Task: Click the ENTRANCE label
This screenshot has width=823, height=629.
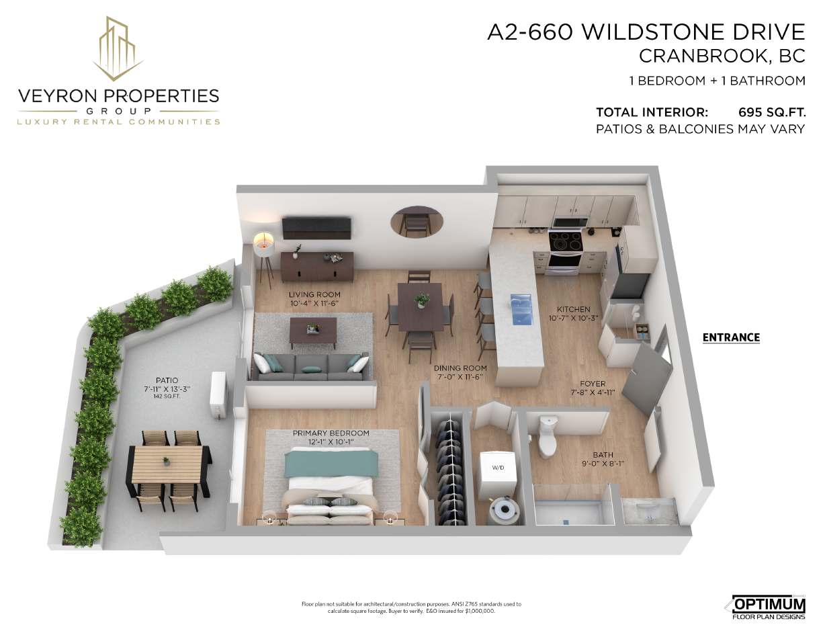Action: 731,337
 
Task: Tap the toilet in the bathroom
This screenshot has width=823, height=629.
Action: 548,437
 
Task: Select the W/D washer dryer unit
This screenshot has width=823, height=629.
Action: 499,470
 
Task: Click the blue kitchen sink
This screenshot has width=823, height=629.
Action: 521,310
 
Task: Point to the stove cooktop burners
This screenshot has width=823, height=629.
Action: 566,241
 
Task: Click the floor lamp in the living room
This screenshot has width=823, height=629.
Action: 263,255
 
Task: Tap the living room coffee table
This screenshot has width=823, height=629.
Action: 313,333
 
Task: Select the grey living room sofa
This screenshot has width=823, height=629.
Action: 310,367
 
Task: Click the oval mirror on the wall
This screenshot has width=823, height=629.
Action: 417,222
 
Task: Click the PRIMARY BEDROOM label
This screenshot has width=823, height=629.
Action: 331,433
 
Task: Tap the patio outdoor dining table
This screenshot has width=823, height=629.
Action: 167,464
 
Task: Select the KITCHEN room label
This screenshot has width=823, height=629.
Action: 573,309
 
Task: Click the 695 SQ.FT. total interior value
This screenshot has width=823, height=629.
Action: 772,112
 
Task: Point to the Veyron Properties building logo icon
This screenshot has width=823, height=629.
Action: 118,49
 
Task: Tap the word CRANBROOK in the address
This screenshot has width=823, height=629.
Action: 703,56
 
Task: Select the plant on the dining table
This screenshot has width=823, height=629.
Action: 422,300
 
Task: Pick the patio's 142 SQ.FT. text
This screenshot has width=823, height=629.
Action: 167,396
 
